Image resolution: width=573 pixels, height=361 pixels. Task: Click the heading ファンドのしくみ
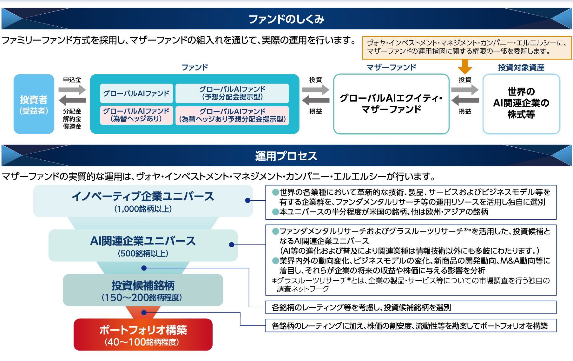point(286,19)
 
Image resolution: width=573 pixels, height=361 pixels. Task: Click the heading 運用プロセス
point(286,156)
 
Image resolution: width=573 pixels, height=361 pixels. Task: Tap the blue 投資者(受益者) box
point(34,104)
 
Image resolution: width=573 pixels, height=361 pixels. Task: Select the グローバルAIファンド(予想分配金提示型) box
point(232,93)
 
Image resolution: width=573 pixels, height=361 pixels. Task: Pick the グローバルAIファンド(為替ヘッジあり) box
point(136,115)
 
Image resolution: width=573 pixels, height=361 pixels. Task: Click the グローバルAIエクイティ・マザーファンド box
point(391,104)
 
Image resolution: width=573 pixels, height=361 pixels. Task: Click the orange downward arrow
point(465,67)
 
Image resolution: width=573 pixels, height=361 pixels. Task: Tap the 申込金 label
point(72,80)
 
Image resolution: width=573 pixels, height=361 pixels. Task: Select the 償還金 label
point(72,126)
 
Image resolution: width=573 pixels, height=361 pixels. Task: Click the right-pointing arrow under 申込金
point(72,90)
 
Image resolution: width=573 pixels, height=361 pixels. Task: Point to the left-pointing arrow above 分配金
point(72,101)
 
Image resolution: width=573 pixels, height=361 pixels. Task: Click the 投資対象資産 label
point(521,67)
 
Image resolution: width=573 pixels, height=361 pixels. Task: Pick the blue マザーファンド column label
point(391,67)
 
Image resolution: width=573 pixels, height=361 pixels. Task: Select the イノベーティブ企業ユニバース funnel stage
point(143,201)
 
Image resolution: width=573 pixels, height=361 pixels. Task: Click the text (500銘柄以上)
point(143,253)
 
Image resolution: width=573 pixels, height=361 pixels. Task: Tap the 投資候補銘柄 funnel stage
point(143,290)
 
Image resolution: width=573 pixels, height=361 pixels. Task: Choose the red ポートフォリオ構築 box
point(143,335)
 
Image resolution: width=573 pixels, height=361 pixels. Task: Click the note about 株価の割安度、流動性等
point(411,326)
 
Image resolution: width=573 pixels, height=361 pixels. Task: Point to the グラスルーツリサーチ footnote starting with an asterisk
point(411,284)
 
